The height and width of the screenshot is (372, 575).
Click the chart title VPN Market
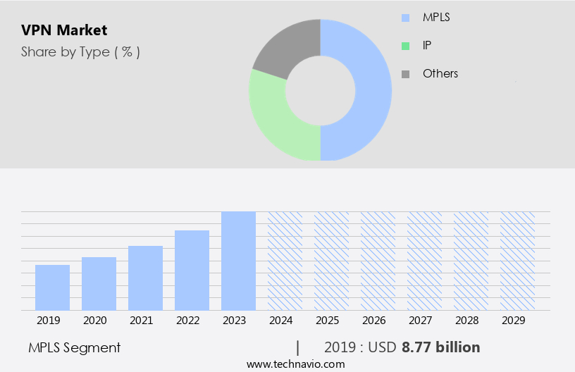coord(64,30)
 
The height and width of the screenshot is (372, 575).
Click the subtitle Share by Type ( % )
coord(80,52)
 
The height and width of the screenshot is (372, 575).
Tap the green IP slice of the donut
coord(275,120)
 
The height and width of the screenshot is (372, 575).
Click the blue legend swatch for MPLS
coord(405,18)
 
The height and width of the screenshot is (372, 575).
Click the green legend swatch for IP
coord(405,46)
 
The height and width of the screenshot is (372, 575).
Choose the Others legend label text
coord(440,73)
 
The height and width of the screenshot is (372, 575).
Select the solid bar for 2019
coord(52,287)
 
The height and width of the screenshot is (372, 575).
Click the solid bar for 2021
coord(145,278)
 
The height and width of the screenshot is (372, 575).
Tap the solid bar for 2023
coord(238,261)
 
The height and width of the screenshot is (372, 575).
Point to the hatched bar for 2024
coord(285,261)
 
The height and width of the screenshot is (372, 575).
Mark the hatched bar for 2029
coord(517,261)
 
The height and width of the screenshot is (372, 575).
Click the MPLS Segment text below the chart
coord(75,347)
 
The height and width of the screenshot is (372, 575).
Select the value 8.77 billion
coord(440,347)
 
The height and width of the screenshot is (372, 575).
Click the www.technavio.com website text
coord(295,364)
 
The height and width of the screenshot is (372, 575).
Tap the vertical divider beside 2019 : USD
coord(298,347)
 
